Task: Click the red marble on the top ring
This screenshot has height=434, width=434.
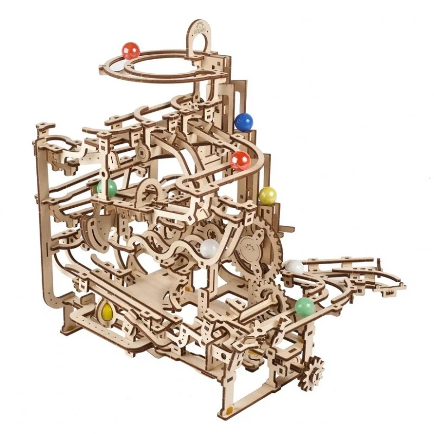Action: [131, 51]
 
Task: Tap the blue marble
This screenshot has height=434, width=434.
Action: [244, 122]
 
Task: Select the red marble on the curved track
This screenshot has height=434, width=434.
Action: [240, 161]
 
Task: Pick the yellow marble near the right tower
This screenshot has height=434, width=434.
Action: [267, 196]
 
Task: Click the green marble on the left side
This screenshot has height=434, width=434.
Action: [107, 188]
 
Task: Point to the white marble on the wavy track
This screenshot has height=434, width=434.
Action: [209, 248]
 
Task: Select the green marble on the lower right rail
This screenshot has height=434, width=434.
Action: [304, 307]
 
